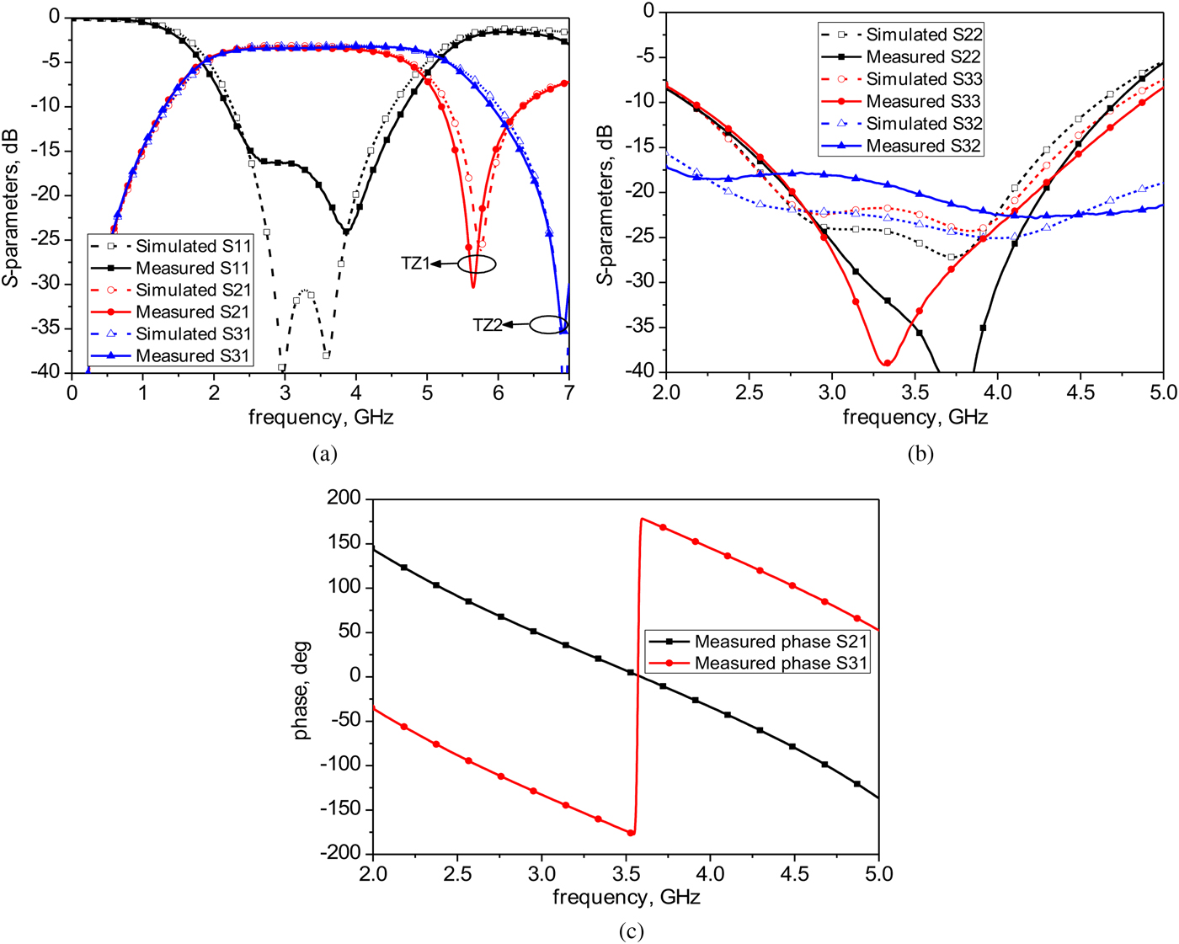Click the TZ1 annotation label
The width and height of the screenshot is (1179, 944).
[x=415, y=264]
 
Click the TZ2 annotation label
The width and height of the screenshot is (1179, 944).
[x=488, y=325]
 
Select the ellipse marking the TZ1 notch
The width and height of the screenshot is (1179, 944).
[x=477, y=264]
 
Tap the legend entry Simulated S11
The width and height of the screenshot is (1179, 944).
[x=193, y=246]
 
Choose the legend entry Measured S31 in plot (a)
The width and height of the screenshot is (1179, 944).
[x=193, y=355]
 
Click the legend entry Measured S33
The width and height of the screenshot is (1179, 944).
[x=924, y=101]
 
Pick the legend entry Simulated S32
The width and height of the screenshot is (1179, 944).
[x=924, y=123]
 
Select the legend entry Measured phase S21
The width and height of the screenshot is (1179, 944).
[x=780, y=642]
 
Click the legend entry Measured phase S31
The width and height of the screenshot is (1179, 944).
[x=780, y=664]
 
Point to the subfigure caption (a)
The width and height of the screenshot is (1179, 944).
[x=324, y=454]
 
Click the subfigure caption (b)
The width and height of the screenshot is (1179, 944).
[x=920, y=454]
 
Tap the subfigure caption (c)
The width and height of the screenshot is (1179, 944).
[x=631, y=931]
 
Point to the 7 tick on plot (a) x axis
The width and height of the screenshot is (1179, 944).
[x=569, y=392]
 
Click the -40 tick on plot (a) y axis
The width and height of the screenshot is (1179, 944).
[x=48, y=372]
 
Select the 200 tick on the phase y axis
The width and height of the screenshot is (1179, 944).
[x=344, y=499]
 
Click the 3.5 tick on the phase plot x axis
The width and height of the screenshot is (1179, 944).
[x=626, y=874]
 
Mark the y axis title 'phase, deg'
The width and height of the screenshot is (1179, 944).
[x=301, y=691]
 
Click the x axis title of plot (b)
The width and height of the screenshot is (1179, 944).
[x=915, y=417]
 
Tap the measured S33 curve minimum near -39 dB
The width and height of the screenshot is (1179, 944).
[x=887, y=363]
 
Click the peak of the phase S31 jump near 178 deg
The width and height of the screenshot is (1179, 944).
[x=643, y=519]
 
